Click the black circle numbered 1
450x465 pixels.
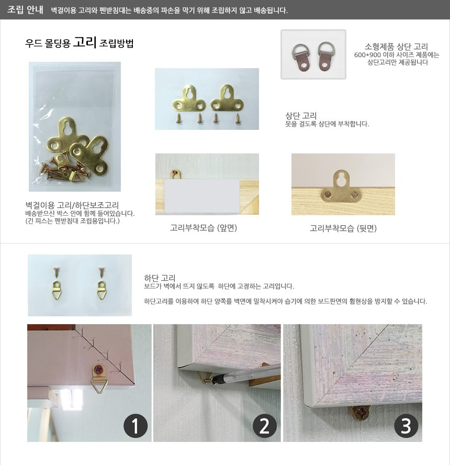tap(136, 426)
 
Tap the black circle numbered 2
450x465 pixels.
tap(265, 426)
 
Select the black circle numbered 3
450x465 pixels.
tap(406, 426)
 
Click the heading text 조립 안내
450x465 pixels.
tap(25, 10)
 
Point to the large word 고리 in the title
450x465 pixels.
tap(85, 42)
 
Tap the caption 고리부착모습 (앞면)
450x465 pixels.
tap(203, 228)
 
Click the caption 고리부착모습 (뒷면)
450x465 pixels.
tap(343, 228)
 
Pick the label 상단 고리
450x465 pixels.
tap(301, 115)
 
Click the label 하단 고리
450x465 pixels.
tap(160, 278)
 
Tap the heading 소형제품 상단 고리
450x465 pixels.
tap(396, 47)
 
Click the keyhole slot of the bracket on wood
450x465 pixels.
tap(342, 178)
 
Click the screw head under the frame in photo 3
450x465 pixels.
tap(362, 413)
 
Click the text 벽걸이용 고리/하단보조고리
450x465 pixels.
tap(72, 205)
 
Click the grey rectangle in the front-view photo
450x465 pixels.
tap(202, 196)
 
